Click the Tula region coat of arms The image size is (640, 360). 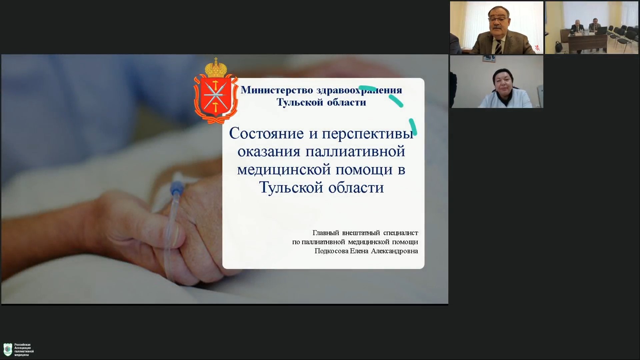click(216, 91)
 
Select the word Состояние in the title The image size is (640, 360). click(266, 134)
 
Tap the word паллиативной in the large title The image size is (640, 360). click(355, 152)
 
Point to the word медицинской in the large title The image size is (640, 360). click(284, 170)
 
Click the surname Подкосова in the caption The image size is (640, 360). click(331, 251)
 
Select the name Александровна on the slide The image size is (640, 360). click(394, 251)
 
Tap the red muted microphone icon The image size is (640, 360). click(537, 48)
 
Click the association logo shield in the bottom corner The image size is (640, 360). click(8, 350)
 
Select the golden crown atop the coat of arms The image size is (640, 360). click(216, 67)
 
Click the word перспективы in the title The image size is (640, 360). click(368, 134)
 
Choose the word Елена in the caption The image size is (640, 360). click(359, 251)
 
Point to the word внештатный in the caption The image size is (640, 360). click(361, 233)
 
